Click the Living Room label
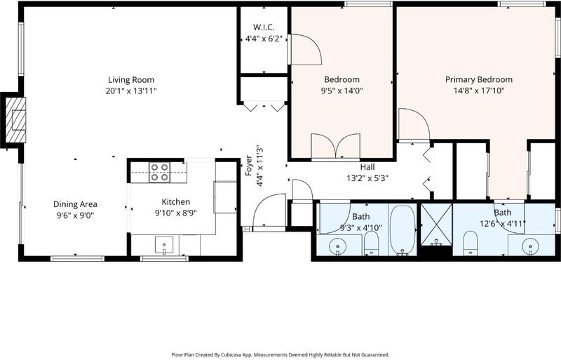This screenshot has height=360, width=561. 131,79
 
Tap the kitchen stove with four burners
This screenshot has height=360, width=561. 159,173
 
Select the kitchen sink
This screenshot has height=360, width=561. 164,245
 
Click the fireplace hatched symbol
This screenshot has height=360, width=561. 15,119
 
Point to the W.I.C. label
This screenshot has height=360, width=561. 264,27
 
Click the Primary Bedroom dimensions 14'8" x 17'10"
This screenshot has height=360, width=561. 479,91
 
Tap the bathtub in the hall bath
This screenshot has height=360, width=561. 403,230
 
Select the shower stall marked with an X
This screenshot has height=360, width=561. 436,225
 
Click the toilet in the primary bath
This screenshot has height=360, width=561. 470,244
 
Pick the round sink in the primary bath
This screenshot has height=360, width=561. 530,246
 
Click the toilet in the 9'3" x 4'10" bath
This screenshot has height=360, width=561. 372,244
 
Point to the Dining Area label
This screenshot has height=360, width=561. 75,204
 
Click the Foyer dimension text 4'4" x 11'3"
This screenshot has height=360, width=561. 260,166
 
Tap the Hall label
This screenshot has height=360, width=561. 367,167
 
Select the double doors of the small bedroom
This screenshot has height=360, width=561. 336,147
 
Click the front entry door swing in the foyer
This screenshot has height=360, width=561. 269,211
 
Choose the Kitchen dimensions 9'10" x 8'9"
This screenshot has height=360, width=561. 176,213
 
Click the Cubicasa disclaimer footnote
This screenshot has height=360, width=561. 280,354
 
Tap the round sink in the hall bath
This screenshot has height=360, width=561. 337,246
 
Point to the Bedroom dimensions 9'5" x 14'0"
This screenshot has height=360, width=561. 342,91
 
